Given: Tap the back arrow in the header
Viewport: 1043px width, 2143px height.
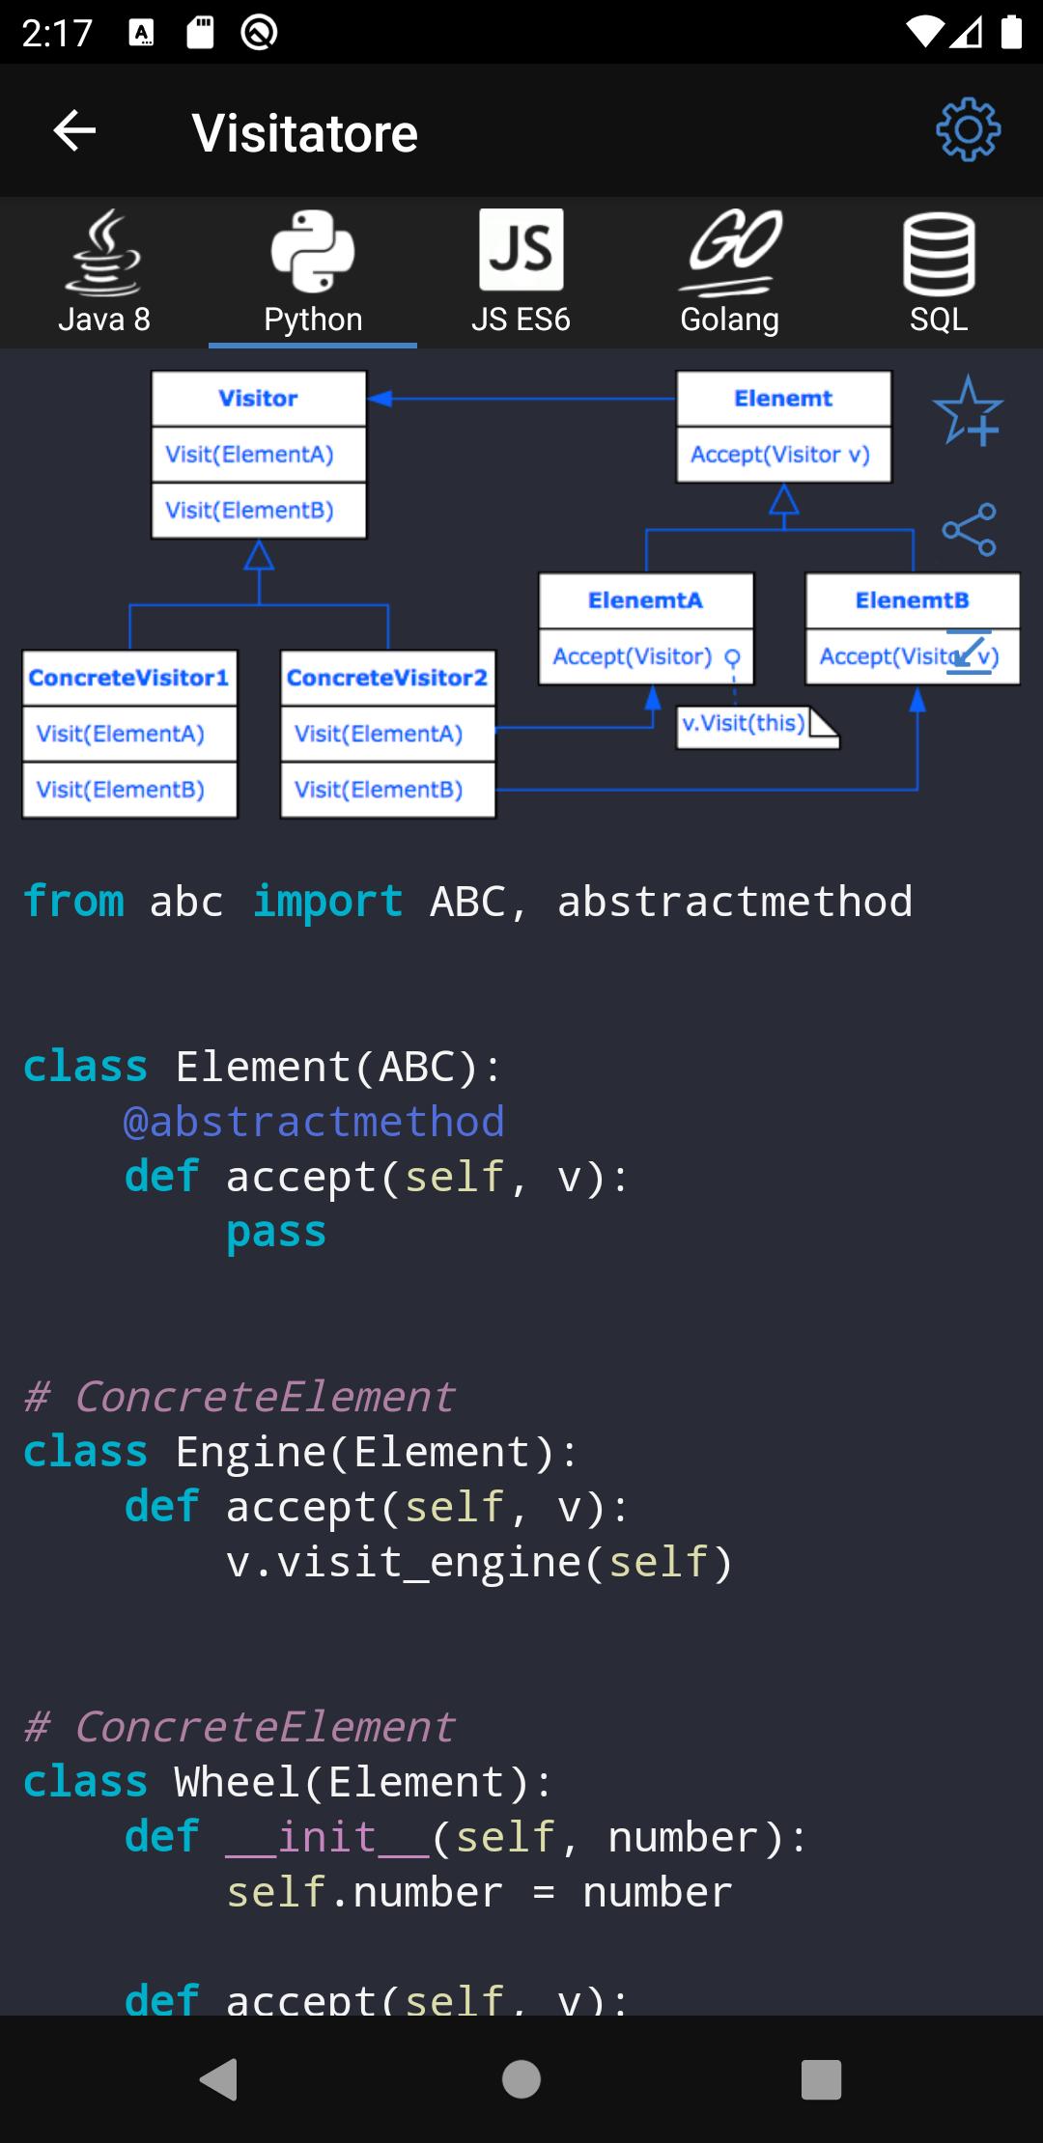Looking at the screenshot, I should tap(74, 131).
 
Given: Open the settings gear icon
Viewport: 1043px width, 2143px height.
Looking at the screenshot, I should tap(968, 130).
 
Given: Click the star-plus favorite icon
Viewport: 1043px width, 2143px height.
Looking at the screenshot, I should tap(968, 411).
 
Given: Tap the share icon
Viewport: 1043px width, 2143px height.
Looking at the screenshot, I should tap(969, 529).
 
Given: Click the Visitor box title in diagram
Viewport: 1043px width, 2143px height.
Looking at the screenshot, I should tap(258, 399).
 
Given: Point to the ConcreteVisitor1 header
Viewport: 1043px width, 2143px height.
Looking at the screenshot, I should tap(128, 678).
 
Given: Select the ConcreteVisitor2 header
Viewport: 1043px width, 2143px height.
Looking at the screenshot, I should tap(387, 678).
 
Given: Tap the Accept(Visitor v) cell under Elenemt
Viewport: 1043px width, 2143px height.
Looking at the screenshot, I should tap(781, 455).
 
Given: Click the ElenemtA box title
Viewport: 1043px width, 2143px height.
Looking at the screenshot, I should tap(645, 600).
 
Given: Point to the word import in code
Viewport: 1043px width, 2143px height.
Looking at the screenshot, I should tap(327, 902).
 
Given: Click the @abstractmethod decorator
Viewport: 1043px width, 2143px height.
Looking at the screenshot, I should tap(314, 1122).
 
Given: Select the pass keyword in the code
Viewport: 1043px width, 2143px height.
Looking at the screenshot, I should tap(276, 1232).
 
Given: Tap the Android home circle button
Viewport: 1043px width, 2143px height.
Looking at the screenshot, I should tap(521, 2079).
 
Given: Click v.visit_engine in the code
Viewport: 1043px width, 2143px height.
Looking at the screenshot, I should tap(404, 1562).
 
